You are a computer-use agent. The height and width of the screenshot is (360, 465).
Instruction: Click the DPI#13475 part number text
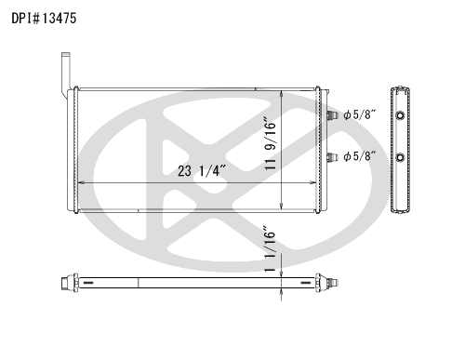pos(44,19)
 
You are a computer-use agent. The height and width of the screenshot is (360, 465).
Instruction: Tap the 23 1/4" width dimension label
pos(202,171)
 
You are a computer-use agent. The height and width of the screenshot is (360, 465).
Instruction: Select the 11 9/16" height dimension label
pos(271,143)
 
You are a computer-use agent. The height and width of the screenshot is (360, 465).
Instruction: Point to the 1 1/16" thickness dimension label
pos(271,251)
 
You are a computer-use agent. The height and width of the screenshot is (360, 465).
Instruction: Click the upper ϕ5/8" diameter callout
pos(360,114)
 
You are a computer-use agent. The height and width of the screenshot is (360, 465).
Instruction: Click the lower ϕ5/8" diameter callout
pos(360,156)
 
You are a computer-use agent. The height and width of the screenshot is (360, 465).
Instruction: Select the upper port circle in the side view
pos(401,115)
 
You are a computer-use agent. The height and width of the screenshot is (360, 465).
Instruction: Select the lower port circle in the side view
pos(401,157)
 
